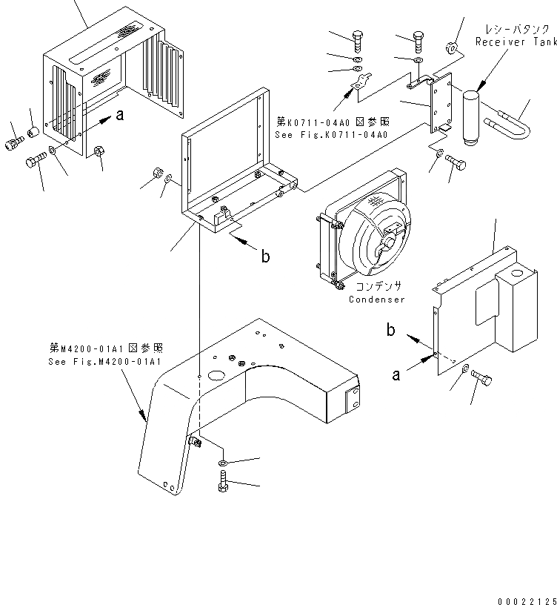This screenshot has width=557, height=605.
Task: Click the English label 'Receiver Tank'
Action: tap(516, 42)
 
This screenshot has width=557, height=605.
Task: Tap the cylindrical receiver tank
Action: tap(473, 114)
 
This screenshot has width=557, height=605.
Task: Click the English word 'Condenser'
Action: tap(377, 300)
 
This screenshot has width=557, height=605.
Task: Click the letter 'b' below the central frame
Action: tap(264, 257)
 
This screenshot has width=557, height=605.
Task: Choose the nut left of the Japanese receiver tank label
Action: tap(449, 50)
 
